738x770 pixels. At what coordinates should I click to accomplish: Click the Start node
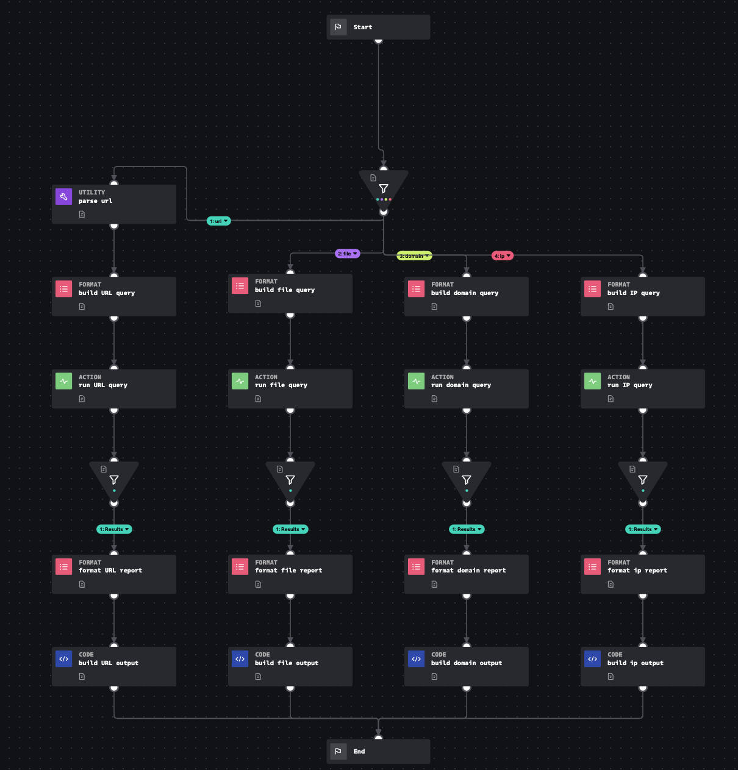click(378, 27)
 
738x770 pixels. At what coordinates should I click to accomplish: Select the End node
click(378, 751)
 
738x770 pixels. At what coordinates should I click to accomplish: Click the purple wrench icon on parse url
click(64, 196)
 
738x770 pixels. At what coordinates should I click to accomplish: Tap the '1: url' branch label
click(218, 221)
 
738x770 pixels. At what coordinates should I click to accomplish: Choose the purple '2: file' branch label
click(348, 254)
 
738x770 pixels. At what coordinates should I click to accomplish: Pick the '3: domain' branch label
click(414, 256)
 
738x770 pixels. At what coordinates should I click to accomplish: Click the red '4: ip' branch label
click(503, 256)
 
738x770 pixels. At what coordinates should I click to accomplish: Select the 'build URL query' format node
click(114, 296)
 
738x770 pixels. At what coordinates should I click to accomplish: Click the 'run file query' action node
click(290, 388)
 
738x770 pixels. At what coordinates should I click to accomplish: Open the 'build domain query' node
click(467, 296)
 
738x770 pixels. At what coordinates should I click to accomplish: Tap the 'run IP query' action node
click(643, 388)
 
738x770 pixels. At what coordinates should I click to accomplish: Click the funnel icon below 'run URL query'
click(114, 480)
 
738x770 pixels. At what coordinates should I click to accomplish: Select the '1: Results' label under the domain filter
click(467, 529)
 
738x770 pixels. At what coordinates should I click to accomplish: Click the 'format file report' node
click(290, 574)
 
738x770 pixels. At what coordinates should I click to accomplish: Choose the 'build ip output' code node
click(643, 666)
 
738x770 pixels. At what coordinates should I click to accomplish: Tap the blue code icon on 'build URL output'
click(64, 659)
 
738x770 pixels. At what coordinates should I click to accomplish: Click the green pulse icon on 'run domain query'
click(417, 381)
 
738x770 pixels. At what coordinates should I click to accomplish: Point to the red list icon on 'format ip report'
click(593, 566)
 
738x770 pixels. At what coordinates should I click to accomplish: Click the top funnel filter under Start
click(384, 188)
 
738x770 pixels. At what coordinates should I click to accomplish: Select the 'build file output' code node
click(290, 666)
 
